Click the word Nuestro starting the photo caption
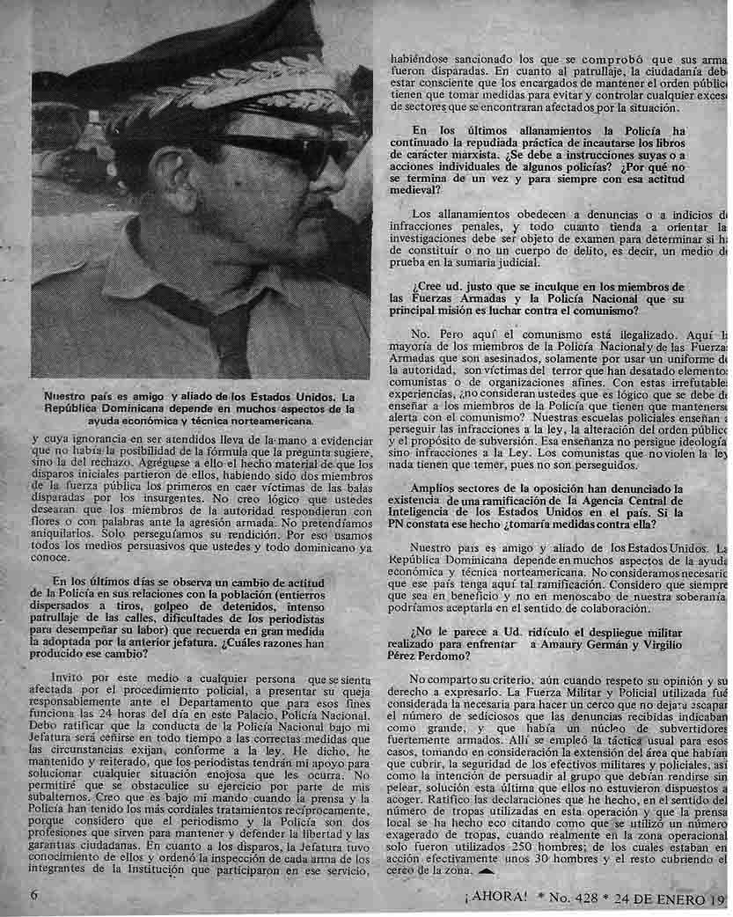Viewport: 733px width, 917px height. click(68, 396)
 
